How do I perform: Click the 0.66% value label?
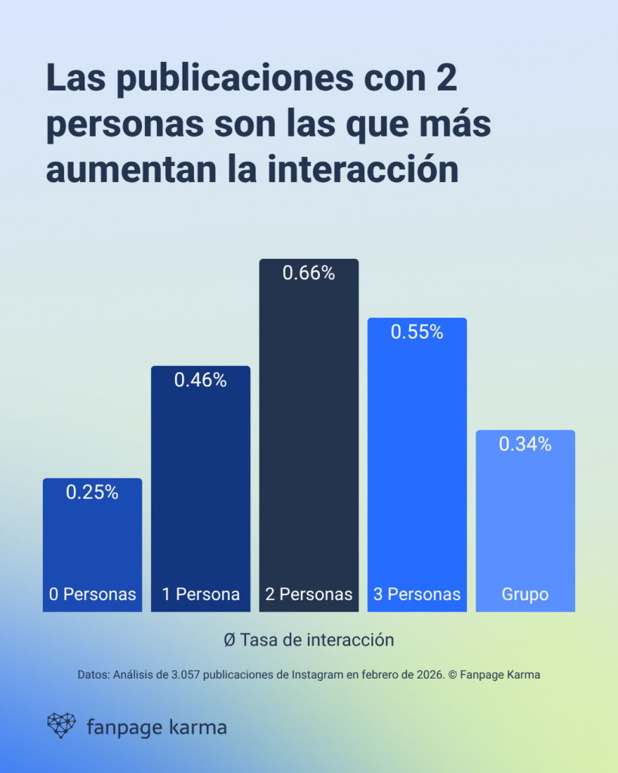[309, 273]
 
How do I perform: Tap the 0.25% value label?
[92, 492]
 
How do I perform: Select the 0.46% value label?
[201, 380]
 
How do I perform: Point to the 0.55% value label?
[417, 331]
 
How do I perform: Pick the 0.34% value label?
[525, 445]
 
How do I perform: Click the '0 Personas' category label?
[92, 594]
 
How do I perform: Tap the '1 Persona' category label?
[201, 594]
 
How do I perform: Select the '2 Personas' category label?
[309, 594]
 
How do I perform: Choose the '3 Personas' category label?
[417, 594]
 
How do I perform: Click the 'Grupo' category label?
[525, 594]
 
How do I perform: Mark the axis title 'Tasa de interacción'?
[317, 639]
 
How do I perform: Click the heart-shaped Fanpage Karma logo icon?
[62, 725]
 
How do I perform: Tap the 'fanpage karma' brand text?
[156, 728]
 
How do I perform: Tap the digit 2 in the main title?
[446, 79]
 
